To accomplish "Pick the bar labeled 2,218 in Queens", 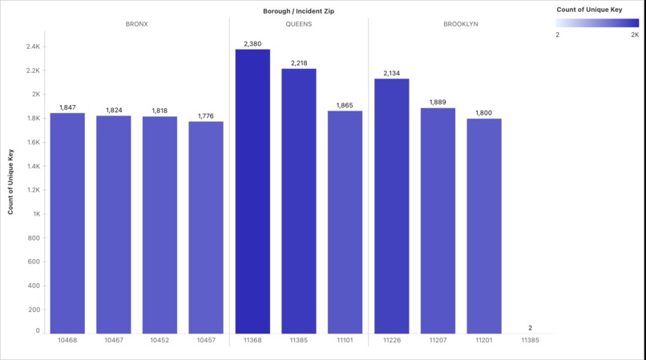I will click(298, 200).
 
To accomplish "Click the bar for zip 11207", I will click(438, 220).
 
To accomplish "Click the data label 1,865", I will click(345, 105).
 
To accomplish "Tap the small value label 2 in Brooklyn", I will click(530, 328).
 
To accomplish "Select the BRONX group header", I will click(137, 24).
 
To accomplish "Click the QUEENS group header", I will click(298, 24).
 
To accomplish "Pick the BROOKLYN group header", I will click(461, 24).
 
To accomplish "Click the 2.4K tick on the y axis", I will click(32, 47).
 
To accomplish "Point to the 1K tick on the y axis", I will click(36, 214).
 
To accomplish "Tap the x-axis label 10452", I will click(160, 340).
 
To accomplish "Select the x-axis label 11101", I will click(345, 340).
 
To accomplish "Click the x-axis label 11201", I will click(483, 340).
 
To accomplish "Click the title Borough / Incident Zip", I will click(298, 10).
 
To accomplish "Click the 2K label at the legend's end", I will click(635, 35).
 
